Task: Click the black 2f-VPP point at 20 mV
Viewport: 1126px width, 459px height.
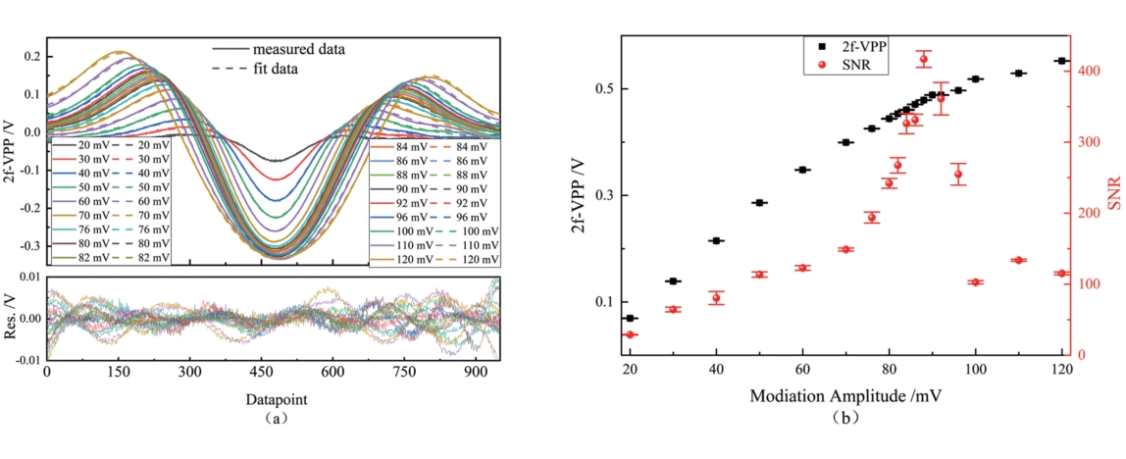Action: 630,318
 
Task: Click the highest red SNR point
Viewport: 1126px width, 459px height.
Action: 923,59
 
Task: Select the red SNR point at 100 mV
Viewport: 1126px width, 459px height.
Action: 975,282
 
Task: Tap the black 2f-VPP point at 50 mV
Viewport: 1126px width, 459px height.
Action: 759,203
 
